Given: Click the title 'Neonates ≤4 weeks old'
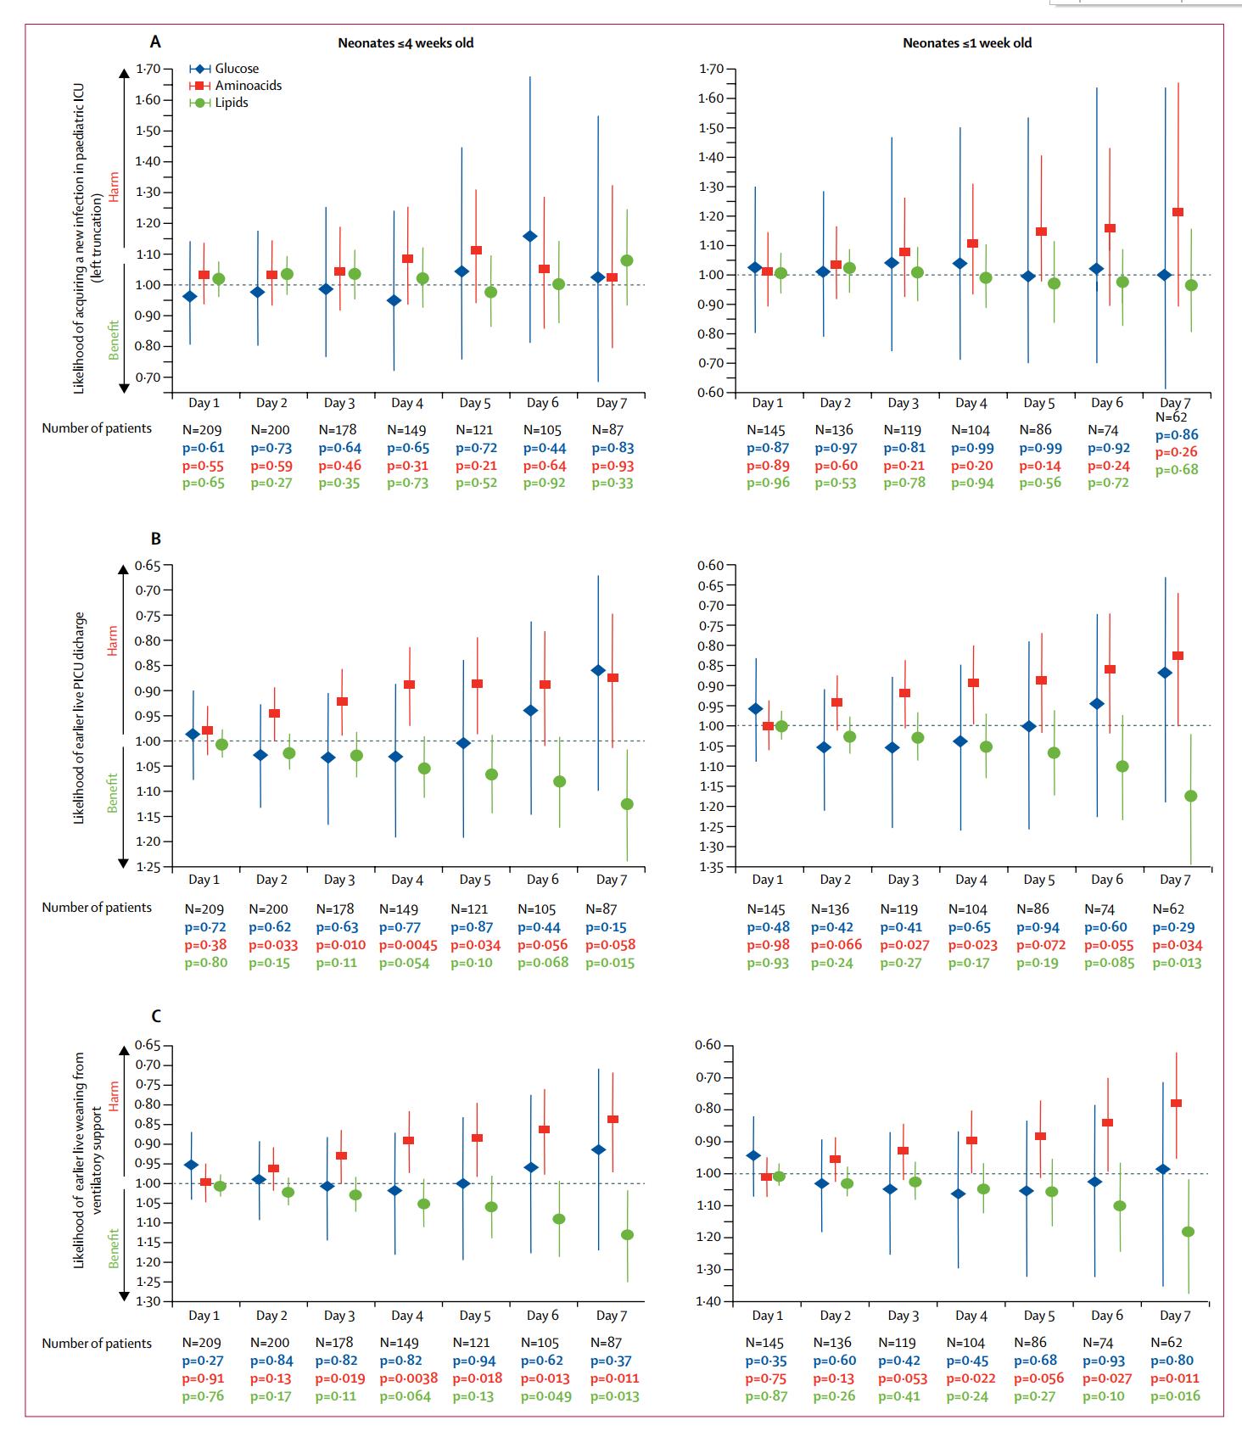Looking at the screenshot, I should tap(406, 42).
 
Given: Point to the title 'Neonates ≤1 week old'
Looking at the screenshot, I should tap(967, 42).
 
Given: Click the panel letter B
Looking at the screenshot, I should tap(155, 539).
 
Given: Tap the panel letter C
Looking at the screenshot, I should tap(155, 1016).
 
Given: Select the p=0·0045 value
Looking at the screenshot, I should tap(408, 945).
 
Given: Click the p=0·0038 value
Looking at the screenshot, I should tap(408, 1378).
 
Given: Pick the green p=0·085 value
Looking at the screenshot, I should tap(1109, 963).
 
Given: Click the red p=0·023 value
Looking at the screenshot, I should tap(972, 945).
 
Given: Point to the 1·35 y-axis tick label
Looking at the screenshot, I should tap(711, 867).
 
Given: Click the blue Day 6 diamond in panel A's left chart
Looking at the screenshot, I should tap(530, 236).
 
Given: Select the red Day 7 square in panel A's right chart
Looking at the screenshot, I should tap(1178, 212).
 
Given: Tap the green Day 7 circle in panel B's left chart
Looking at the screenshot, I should tap(627, 804).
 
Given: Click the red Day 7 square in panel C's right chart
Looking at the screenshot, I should tap(1176, 1103).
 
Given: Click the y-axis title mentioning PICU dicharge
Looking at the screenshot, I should tap(79, 718).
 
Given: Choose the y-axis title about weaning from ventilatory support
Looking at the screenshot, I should tap(85, 1160).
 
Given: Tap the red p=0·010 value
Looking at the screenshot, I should tap(340, 945).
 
